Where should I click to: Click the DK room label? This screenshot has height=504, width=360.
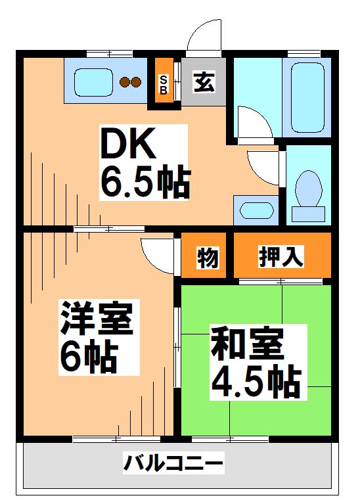coord(127,143)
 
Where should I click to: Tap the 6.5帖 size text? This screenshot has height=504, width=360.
coord(145,183)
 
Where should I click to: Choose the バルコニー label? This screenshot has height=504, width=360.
coord(173,465)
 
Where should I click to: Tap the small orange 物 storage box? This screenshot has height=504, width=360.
coord(206,257)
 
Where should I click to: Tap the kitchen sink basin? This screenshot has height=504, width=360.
coord(93,81)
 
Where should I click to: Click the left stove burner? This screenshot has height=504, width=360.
coord(124,82)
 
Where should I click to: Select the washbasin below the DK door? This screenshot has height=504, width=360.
coord(254,210)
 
